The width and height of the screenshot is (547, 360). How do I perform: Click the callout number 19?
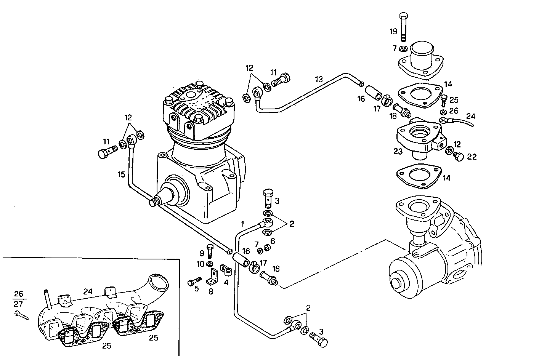coord(393,31)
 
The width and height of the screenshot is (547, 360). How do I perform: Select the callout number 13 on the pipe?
coord(319,79)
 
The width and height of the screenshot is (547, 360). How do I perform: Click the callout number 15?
coord(121,175)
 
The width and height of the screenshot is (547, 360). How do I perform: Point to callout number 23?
coord(398,152)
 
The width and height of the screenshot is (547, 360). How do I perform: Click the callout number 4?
coord(226,283)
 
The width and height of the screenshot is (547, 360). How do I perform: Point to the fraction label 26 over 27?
coord(18,299)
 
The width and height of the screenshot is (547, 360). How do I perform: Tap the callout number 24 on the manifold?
coord(88,291)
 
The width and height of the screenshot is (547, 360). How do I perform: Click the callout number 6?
coord(273,241)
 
